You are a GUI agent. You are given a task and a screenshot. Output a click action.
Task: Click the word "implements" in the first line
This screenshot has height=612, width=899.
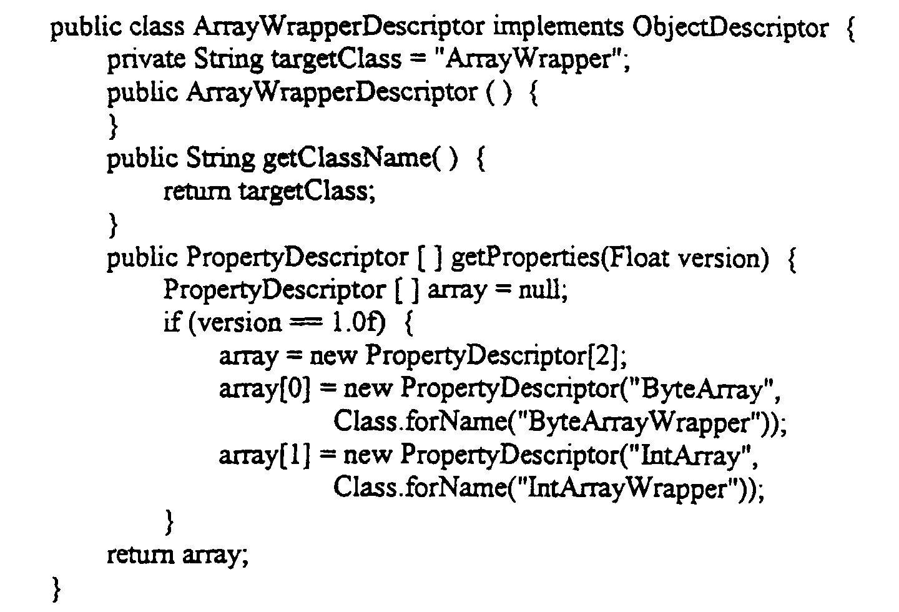point(558,28)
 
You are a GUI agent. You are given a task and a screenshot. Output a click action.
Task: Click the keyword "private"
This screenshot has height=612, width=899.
point(147,60)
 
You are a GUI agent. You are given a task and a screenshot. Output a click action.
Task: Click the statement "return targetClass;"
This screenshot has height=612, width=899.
point(269,192)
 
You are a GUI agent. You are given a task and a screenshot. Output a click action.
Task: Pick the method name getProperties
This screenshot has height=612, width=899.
point(525,258)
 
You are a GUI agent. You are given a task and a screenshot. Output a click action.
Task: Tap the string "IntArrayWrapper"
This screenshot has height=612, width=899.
point(634,488)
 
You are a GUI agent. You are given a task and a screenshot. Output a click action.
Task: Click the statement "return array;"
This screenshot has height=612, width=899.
point(178,555)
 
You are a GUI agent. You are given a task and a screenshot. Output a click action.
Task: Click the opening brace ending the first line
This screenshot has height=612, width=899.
point(850,29)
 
